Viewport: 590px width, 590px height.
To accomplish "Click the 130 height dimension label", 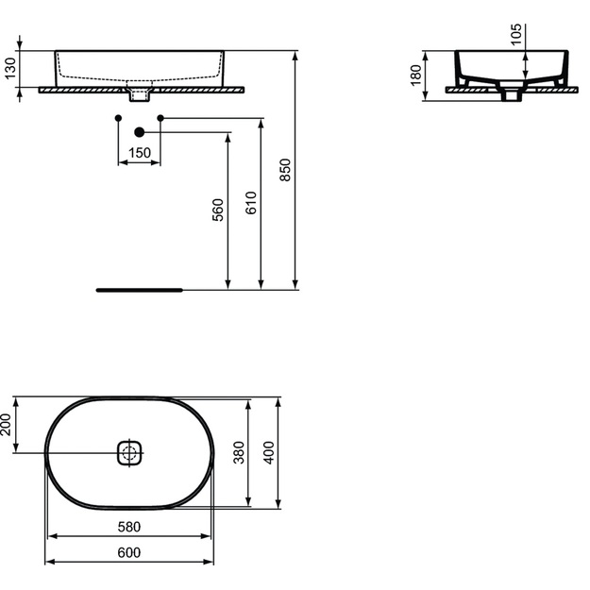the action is point(10,68).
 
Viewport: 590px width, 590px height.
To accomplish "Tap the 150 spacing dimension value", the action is point(139,153).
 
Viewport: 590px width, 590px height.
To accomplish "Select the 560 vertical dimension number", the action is point(218,210).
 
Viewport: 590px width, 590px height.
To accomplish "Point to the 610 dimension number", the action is point(251,203).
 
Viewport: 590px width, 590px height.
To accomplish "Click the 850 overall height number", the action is point(286,170).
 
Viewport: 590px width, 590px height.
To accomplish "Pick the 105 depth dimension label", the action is point(516,34).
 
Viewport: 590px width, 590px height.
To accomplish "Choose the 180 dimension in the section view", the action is point(415,76).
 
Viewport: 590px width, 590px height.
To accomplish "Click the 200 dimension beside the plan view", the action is point(6,425).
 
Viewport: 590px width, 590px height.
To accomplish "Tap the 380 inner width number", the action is point(239,453).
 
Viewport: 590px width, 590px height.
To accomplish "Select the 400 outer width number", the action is point(269,453).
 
